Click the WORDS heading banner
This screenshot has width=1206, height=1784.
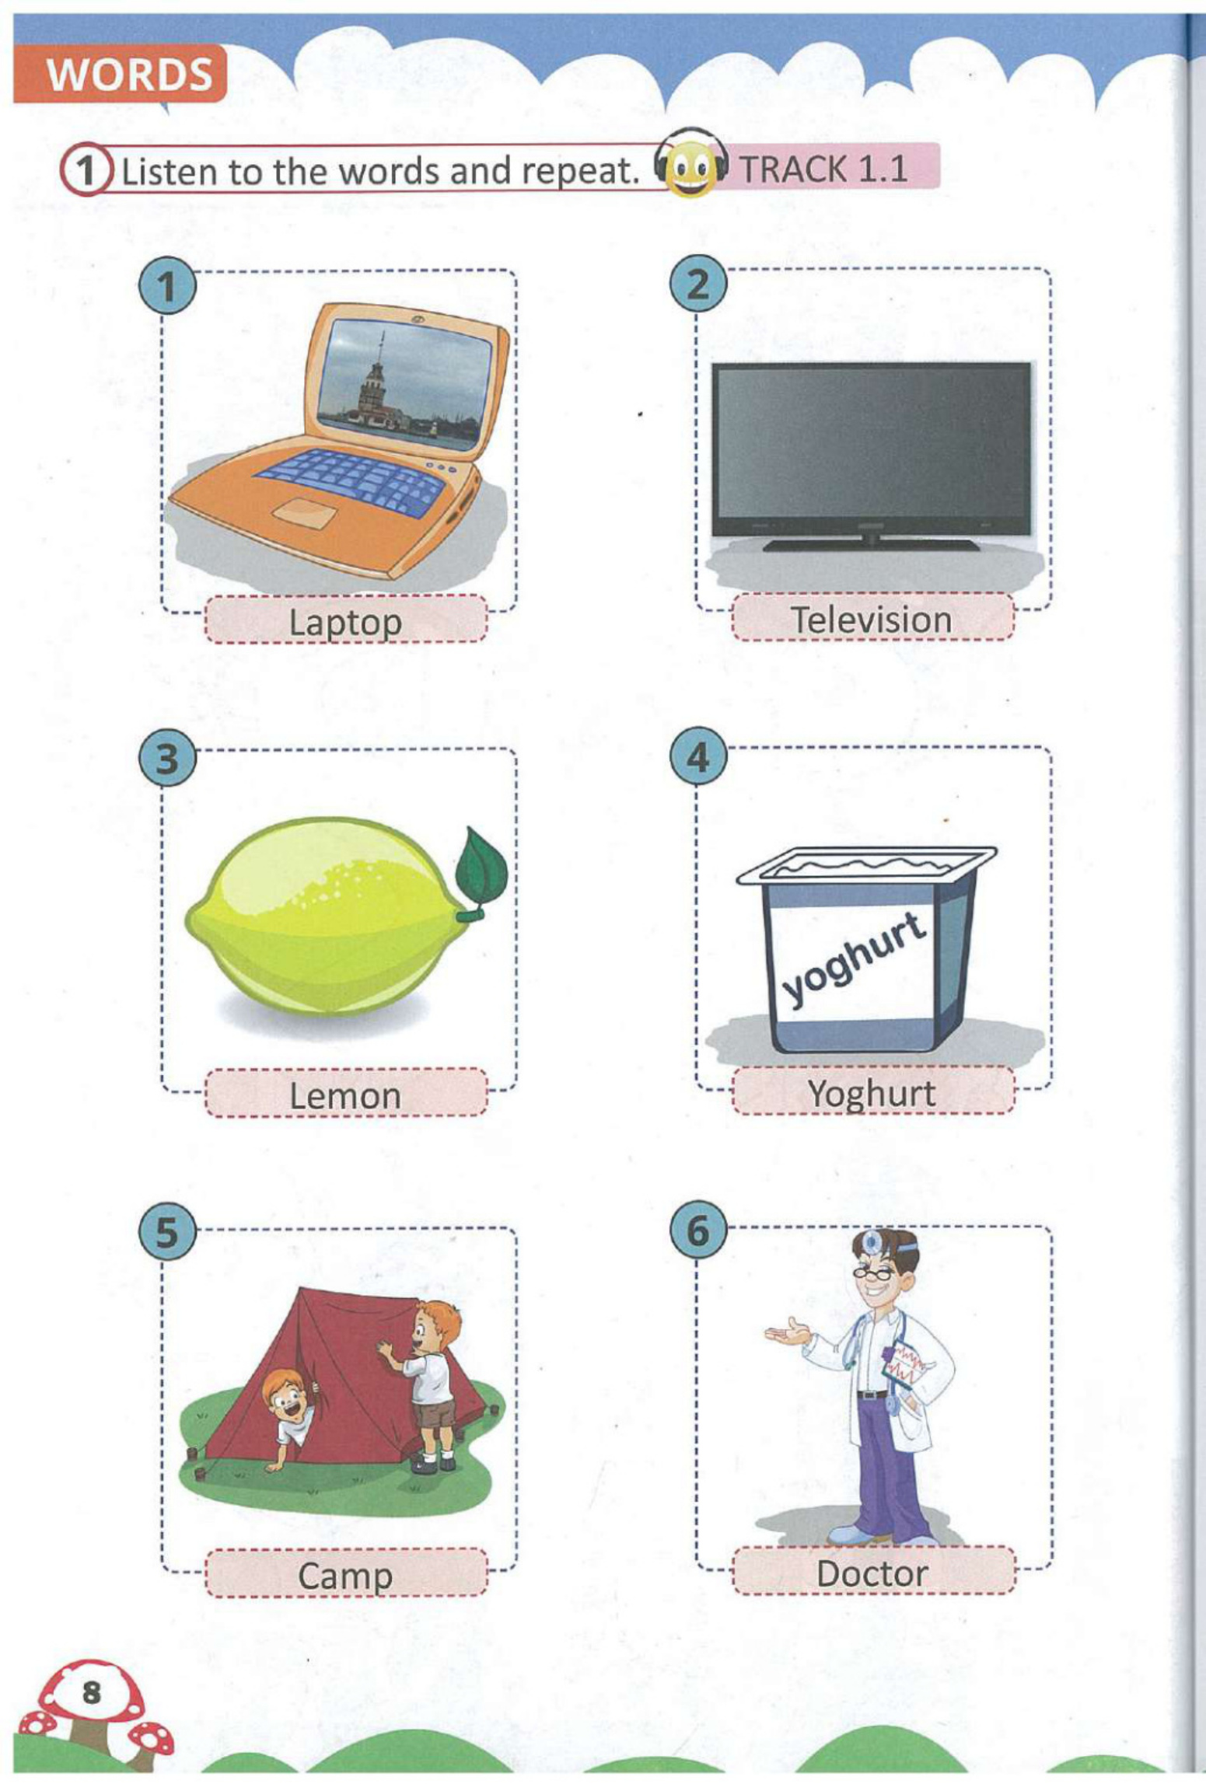121,75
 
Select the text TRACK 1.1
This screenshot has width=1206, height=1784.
823,168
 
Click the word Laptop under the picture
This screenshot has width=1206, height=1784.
345,623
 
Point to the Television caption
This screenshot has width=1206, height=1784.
872,620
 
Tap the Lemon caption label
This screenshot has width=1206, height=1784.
345,1096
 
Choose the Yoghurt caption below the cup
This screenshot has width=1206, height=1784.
872,1094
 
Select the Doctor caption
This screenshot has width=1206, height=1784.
872,1573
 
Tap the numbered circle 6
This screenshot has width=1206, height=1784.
698,1230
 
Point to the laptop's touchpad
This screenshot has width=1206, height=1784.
304,514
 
